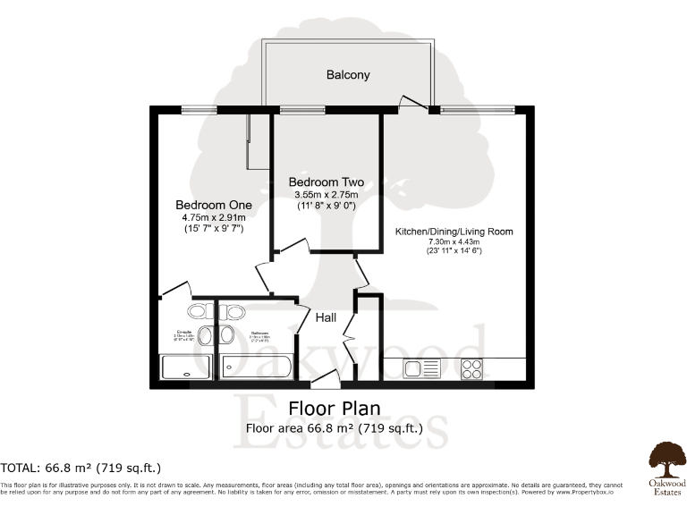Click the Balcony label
348,75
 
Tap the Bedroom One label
213,205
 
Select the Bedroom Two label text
326,182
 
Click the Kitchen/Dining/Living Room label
454,232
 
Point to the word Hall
326,316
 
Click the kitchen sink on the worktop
422,368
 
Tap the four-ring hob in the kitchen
472,368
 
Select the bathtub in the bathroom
255,367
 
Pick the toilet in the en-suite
199,311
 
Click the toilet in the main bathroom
234,311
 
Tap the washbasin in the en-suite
204,335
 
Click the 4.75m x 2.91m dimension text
213,217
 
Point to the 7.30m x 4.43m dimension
454,242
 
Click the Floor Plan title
335,409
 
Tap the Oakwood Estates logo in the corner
667,466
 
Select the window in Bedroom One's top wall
198,110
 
